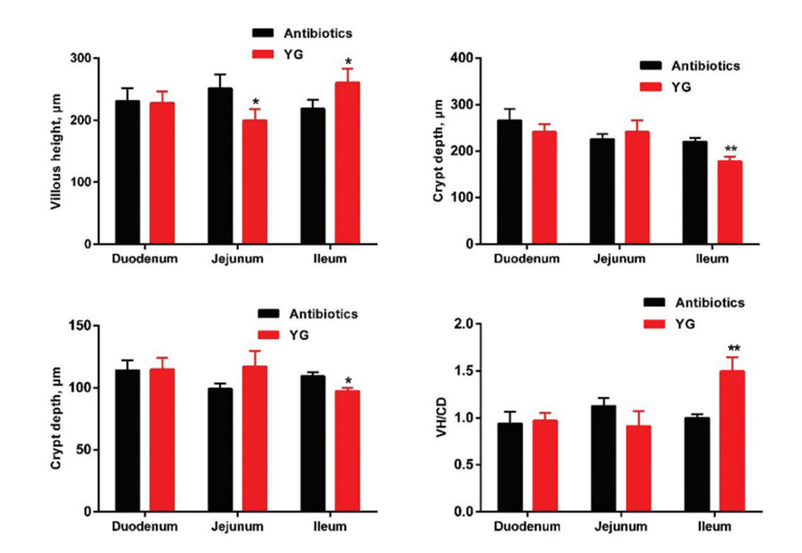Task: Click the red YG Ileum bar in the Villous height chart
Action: (347, 163)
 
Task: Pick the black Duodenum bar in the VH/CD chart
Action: (510, 467)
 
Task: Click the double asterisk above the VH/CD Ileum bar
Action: (733, 347)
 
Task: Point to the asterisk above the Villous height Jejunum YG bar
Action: (255, 102)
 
